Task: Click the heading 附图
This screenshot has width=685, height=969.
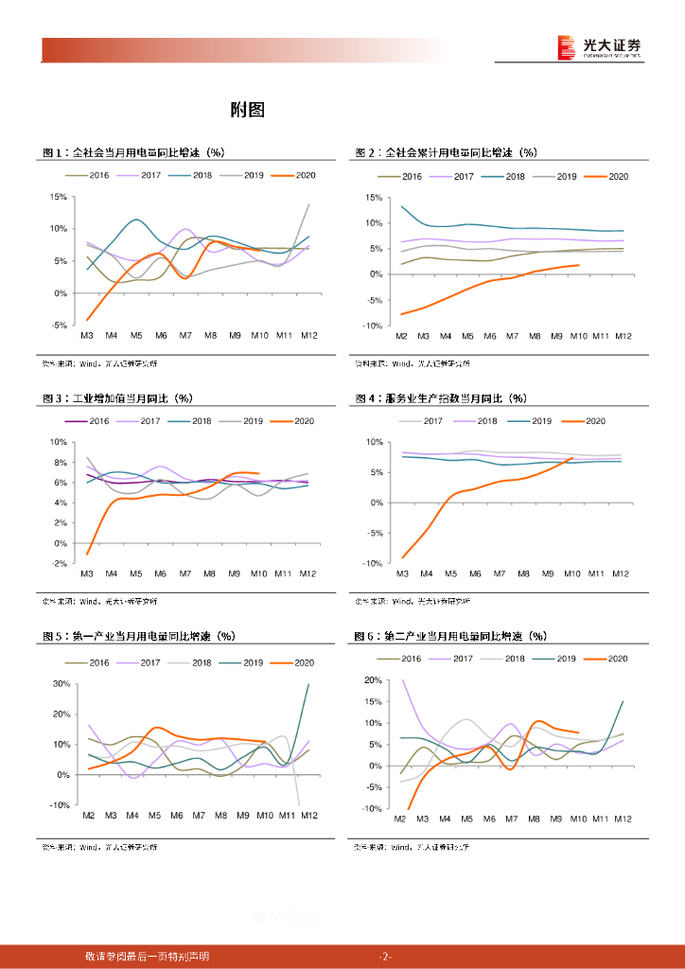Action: coord(247,110)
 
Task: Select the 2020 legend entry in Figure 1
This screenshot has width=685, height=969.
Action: coord(293,176)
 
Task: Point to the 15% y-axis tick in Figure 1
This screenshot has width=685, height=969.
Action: coord(58,197)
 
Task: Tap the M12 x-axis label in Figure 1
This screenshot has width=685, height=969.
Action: coord(308,336)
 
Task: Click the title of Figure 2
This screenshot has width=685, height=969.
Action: coord(447,152)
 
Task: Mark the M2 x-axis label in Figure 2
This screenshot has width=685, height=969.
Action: coord(401,336)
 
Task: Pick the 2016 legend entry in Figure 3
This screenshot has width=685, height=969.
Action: coord(90,421)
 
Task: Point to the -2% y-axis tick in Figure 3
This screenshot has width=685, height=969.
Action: coord(58,564)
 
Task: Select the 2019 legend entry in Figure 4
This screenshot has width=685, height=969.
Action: coord(534,421)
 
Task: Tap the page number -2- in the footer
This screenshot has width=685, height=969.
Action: coord(385,956)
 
